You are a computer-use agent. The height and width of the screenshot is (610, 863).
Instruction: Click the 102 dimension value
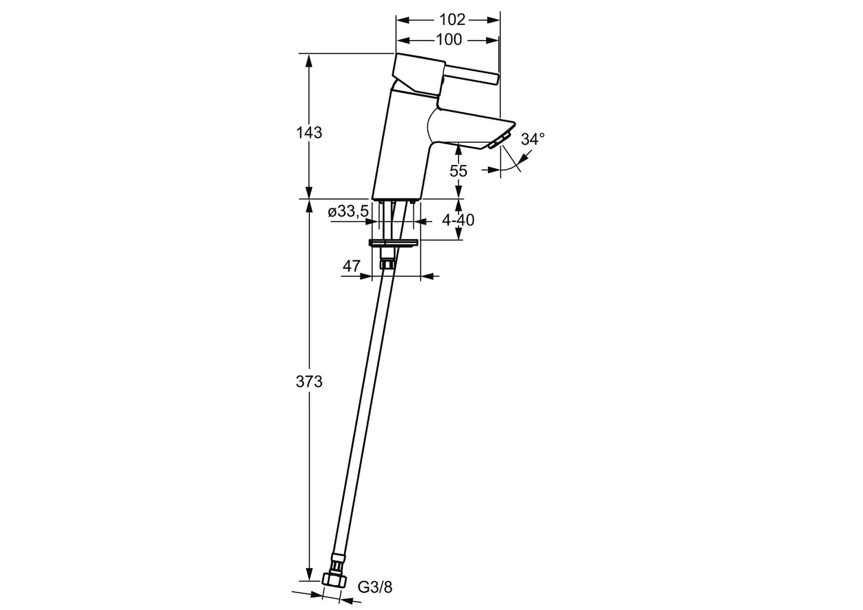point(452,20)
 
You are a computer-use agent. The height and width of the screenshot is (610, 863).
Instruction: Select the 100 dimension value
point(449,39)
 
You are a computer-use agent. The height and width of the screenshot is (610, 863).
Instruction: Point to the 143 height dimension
point(309,133)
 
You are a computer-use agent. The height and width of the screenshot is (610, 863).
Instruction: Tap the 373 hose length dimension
point(309,382)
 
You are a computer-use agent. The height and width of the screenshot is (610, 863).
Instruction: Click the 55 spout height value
point(459,171)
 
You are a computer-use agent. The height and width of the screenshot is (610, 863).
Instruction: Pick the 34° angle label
point(533,139)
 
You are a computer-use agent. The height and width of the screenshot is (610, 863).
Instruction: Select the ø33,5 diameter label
point(348,211)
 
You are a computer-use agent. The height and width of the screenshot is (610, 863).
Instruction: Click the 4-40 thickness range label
point(458,220)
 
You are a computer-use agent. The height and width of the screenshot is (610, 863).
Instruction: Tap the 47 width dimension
point(351,266)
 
